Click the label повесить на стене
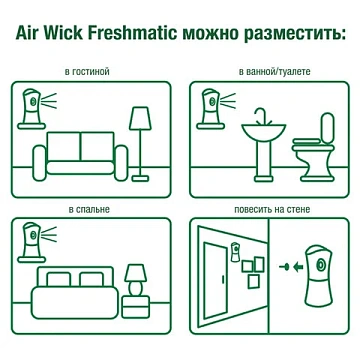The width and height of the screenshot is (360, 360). (269, 212)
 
